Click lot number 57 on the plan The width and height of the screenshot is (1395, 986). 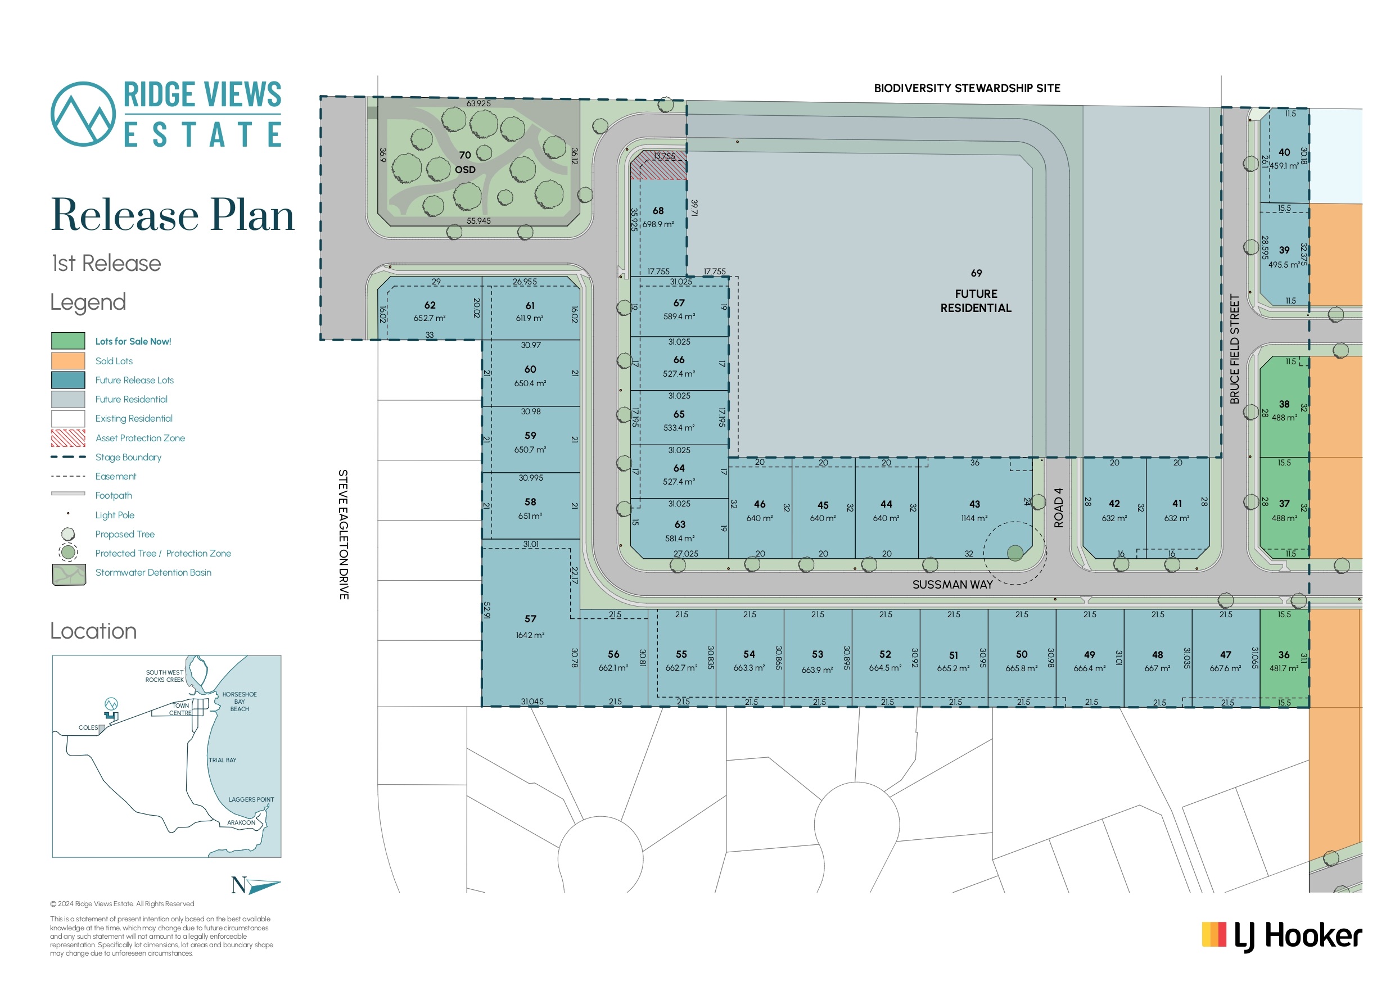[x=530, y=618]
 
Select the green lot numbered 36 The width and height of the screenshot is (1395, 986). [x=1284, y=658]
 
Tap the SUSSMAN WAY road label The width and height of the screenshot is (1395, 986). [x=952, y=585]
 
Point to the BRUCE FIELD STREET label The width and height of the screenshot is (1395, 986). [x=1234, y=349]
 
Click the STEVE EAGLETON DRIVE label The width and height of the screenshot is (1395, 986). [x=344, y=534]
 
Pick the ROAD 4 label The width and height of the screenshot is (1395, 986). [x=1058, y=507]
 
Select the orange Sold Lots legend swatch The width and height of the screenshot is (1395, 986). [x=68, y=361]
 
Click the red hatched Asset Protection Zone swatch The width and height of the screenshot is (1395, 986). [x=68, y=438]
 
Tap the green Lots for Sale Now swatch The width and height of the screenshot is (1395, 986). [x=68, y=341]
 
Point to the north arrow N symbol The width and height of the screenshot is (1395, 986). [x=255, y=885]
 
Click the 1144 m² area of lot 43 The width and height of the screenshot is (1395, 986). [x=974, y=518]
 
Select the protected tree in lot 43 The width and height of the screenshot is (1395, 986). [x=1015, y=553]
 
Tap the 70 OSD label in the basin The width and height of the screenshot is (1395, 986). [x=466, y=162]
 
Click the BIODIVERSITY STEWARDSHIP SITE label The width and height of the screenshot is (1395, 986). [x=967, y=88]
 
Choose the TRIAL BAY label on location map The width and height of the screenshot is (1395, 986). [x=222, y=760]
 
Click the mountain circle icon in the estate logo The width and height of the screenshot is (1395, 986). [x=83, y=114]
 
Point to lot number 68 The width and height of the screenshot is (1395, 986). [x=658, y=211]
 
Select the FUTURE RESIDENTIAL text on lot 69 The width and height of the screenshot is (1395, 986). [x=976, y=301]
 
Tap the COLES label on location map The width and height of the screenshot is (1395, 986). [x=88, y=727]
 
